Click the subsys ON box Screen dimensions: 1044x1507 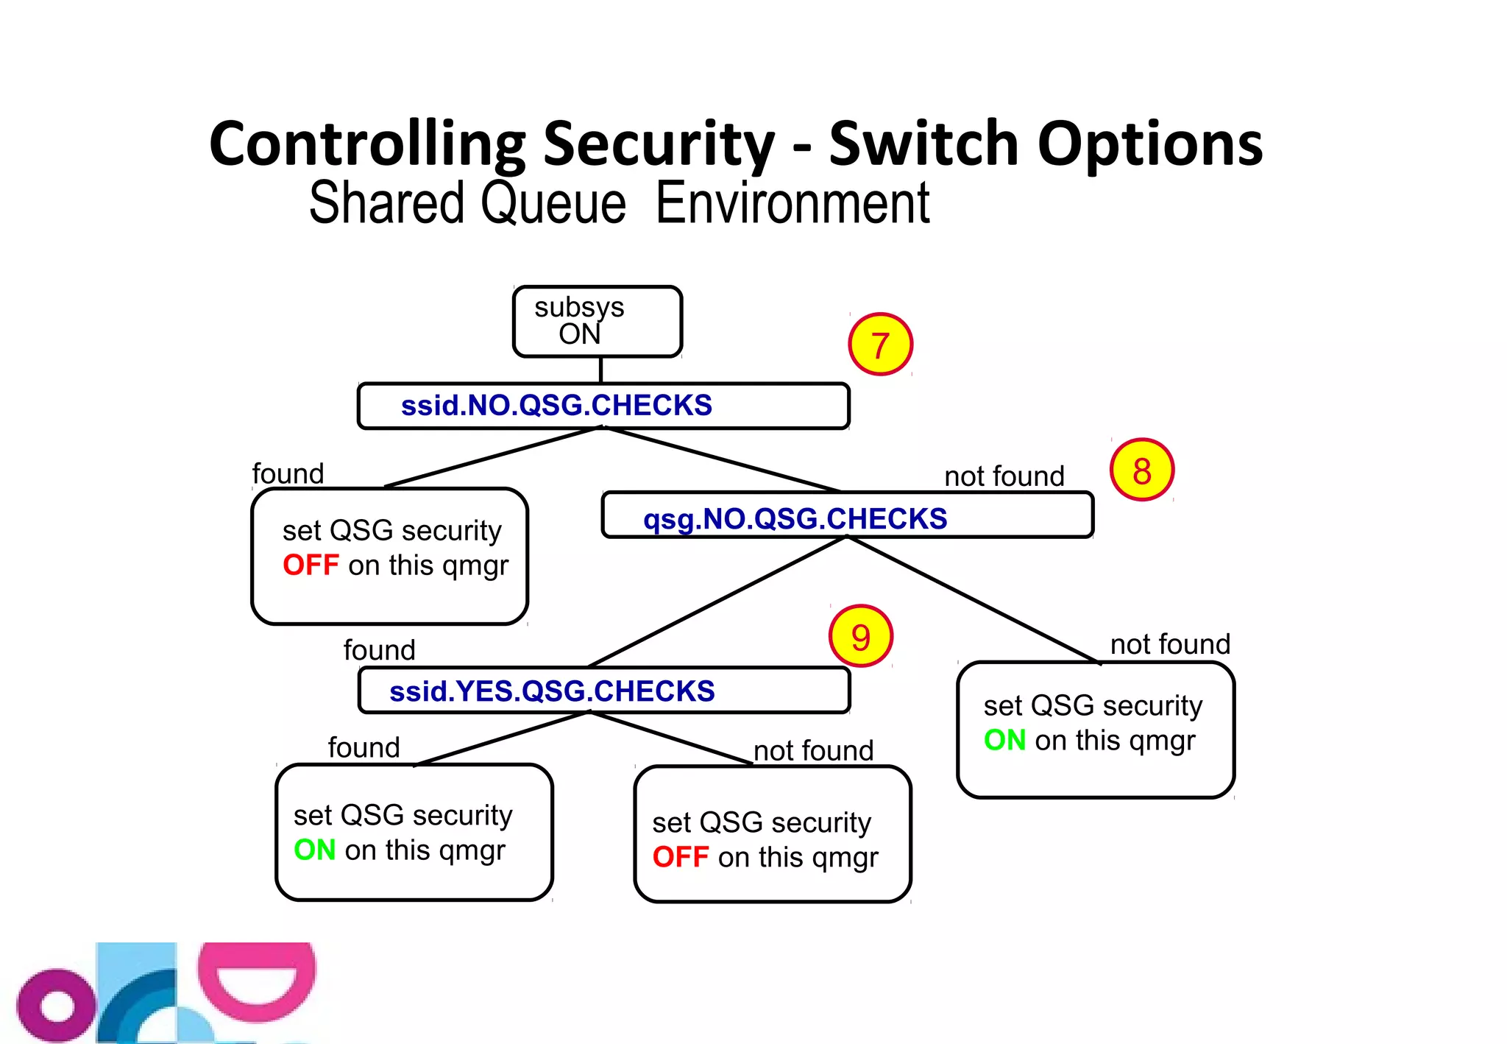tap(597, 322)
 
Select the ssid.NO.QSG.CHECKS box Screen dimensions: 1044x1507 tap(603, 406)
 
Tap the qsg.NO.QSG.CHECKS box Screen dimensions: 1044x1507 tap(847, 515)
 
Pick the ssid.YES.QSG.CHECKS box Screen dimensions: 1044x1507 tap(603, 691)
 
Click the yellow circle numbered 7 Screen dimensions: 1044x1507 tap(880, 345)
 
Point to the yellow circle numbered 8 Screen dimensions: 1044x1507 tap(1141, 470)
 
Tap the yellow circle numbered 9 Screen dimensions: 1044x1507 tap(860, 636)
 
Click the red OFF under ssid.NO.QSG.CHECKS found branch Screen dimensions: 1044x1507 tap(311, 565)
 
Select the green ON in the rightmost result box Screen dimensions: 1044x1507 tap(1004, 740)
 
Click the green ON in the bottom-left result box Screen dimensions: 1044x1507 tap(314, 850)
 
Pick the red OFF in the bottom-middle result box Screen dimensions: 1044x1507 tap(681, 857)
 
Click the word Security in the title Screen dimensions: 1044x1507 tap(659, 144)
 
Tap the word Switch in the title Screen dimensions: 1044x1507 tap(923, 144)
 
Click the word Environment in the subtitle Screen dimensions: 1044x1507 tap(792, 203)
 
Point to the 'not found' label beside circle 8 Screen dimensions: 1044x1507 tap(1004, 476)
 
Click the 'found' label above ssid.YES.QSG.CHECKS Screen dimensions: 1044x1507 tap(379, 650)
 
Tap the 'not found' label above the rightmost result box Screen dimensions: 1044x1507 tap(1170, 644)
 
